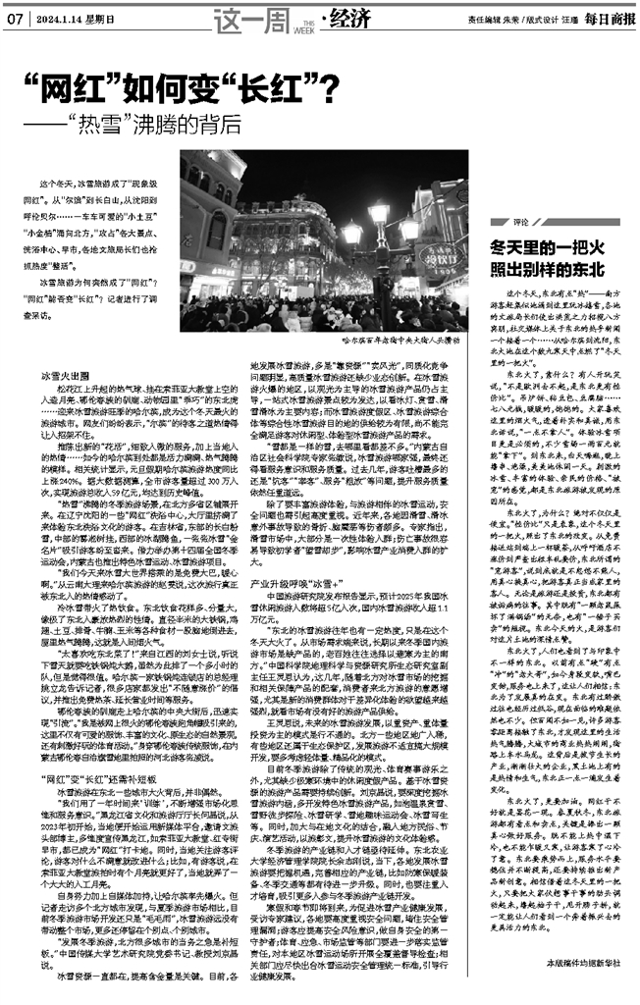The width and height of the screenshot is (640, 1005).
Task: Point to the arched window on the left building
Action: pyautogui.click(x=218, y=232)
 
